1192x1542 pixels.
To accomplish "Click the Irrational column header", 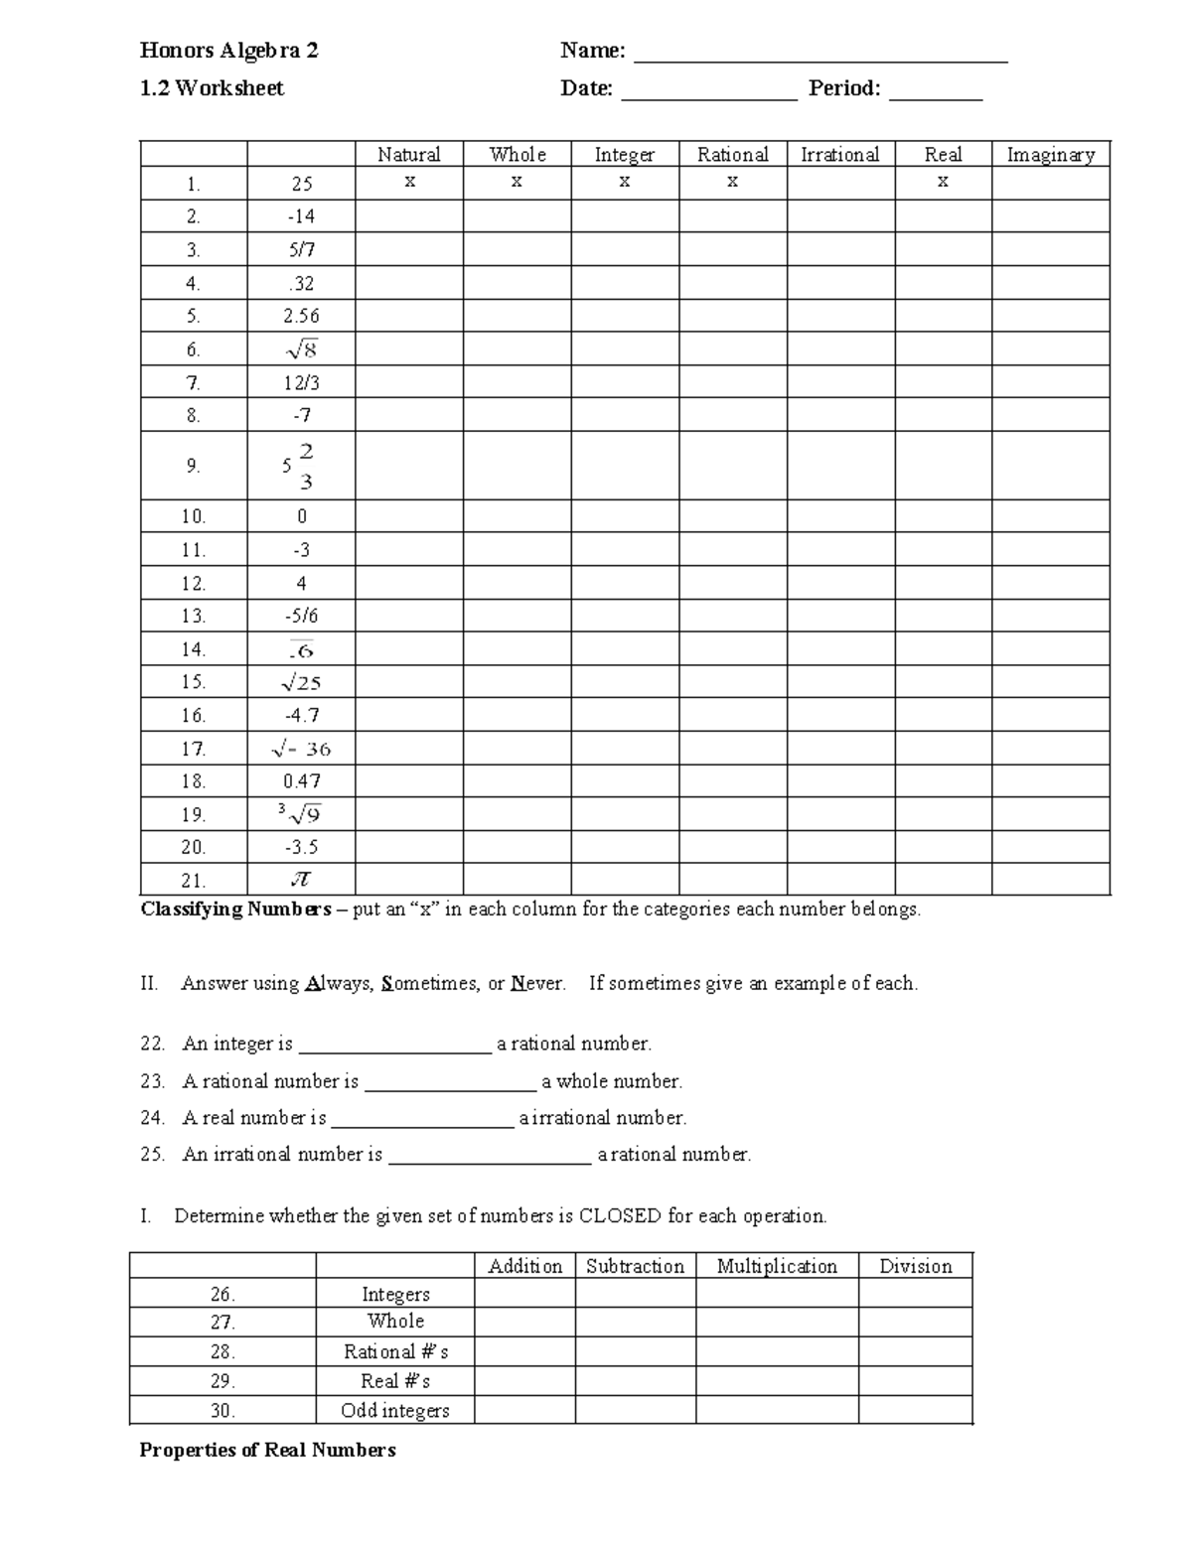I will click(x=840, y=154).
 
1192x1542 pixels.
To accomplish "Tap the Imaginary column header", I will click(x=1050, y=154).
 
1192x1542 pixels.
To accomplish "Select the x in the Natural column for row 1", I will click(x=409, y=182).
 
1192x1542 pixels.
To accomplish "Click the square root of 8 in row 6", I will click(x=301, y=349).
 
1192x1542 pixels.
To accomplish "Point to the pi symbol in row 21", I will click(x=301, y=880).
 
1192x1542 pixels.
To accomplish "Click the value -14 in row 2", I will click(x=301, y=216).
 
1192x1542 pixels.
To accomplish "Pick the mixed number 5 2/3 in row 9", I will click(x=298, y=466).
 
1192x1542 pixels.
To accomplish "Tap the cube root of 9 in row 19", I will click(x=300, y=814).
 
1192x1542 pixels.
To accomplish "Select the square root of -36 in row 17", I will click(x=301, y=749).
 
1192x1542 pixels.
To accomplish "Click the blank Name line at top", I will click(x=820, y=55).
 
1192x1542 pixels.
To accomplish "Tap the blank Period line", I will click(x=935, y=93).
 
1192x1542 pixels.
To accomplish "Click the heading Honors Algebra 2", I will click(x=228, y=51).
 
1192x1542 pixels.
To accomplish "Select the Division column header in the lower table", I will click(x=915, y=1266).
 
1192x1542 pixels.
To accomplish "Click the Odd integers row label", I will click(x=394, y=1410).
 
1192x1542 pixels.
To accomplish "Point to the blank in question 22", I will click(x=394, y=1046).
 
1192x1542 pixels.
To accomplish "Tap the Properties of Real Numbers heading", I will click(x=267, y=1450).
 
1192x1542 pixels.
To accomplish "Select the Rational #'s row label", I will click(x=395, y=1351).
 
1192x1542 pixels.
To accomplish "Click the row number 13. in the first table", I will click(x=193, y=616).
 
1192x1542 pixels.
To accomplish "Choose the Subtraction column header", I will click(x=635, y=1266).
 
